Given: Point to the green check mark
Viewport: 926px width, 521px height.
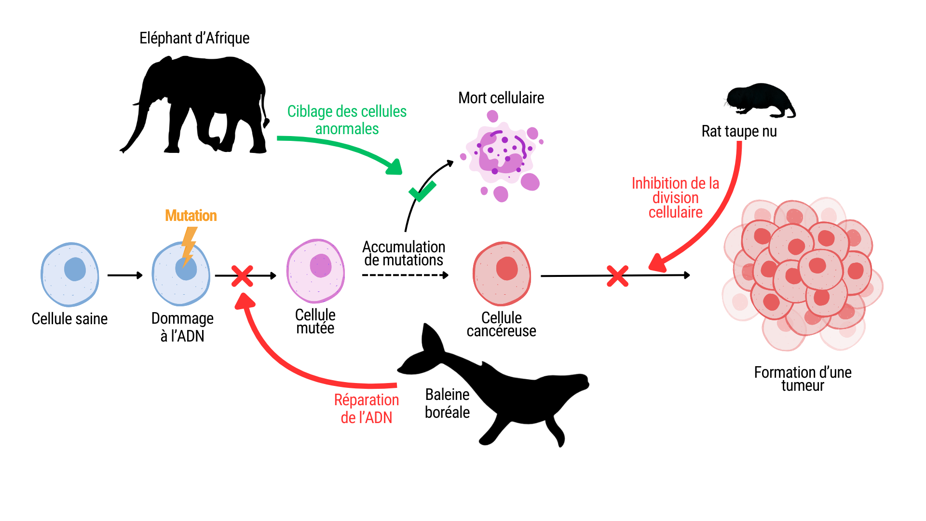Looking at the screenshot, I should pyautogui.click(x=422, y=192).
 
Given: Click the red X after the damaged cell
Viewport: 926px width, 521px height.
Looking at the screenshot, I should pyautogui.click(x=242, y=276).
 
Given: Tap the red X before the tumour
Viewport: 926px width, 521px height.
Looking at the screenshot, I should pyautogui.click(x=617, y=276).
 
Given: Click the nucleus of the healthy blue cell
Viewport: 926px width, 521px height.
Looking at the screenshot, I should pyautogui.click(x=75, y=269).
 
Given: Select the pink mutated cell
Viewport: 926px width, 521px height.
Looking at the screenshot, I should pyautogui.click(x=315, y=271).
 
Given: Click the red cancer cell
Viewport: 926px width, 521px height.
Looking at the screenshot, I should pyautogui.click(x=502, y=274).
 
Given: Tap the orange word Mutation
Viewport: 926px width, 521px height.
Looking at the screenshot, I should pyautogui.click(x=191, y=216).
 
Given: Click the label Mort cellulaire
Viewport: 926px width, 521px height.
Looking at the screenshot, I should pyautogui.click(x=501, y=98).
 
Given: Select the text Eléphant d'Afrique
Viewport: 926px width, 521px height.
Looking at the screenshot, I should pyautogui.click(x=194, y=38).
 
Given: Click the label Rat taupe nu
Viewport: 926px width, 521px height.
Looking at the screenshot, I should pyautogui.click(x=739, y=131).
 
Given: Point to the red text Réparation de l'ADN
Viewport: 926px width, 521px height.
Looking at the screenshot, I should pyautogui.click(x=367, y=409).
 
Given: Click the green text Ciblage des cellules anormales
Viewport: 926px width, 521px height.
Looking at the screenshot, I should pyautogui.click(x=347, y=120).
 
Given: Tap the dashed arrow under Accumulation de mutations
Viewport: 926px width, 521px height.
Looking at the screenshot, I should pyautogui.click(x=405, y=275).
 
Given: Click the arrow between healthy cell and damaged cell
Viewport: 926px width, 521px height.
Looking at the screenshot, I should pyautogui.click(x=125, y=275).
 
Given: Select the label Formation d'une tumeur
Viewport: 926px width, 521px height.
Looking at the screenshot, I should pyautogui.click(x=803, y=379).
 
